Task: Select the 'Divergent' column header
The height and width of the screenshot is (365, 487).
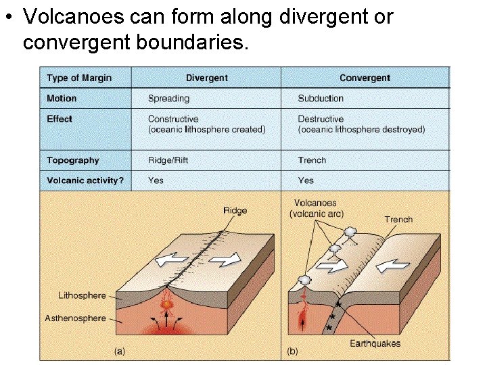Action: pyautogui.click(x=206, y=78)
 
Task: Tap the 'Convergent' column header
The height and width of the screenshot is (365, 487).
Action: pyautogui.click(x=365, y=78)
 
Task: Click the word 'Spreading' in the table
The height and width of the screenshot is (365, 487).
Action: pyautogui.click(x=168, y=99)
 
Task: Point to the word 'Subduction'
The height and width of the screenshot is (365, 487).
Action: pyautogui.click(x=321, y=99)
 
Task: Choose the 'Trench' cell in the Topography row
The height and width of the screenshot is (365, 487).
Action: pyautogui.click(x=312, y=161)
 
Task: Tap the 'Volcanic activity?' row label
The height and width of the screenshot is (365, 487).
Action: pyautogui.click(x=85, y=180)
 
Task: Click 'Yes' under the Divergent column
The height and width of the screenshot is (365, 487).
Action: pyautogui.click(x=156, y=180)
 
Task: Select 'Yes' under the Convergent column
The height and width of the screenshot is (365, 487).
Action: pyautogui.click(x=306, y=180)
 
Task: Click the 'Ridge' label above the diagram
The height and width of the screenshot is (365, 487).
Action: pyautogui.click(x=235, y=210)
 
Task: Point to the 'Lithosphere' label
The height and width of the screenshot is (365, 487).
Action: pyautogui.click(x=82, y=295)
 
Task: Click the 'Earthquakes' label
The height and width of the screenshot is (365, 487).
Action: pyautogui.click(x=375, y=343)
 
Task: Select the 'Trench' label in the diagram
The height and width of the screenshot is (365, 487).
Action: pyautogui.click(x=398, y=219)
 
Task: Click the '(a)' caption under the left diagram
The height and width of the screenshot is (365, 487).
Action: pyautogui.click(x=120, y=351)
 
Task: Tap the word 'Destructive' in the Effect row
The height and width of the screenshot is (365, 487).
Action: pyautogui.click(x=321, y=119)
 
